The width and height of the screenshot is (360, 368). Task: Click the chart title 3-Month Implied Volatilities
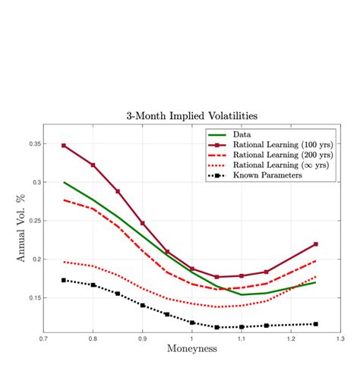191,116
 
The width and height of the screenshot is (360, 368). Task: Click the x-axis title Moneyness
191,348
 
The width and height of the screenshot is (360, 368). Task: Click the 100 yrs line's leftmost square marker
64,145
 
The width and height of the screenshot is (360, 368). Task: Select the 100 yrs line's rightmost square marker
315,244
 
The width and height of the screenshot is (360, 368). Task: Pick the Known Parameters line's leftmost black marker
64,280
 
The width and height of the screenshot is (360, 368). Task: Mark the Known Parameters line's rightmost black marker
315,324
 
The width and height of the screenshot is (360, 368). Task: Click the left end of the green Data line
64,182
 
